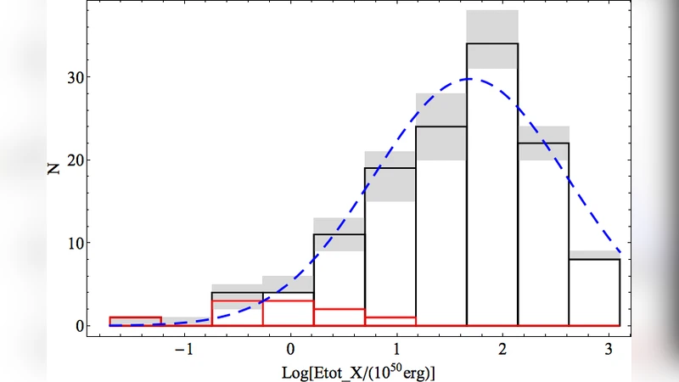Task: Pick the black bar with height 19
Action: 390,246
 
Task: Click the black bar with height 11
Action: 339,280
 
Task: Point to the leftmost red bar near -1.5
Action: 136,321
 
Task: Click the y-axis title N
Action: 53,169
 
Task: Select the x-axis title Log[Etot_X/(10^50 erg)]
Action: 357,370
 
